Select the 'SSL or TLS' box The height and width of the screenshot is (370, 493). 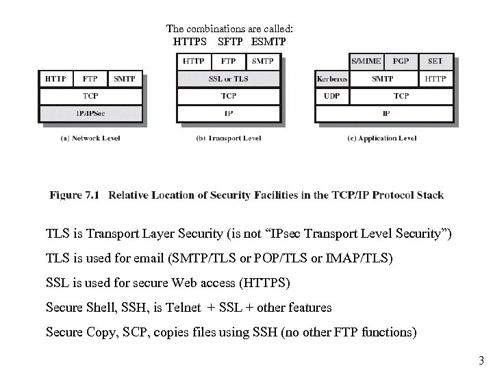pyautogui.click(x=229, y=79)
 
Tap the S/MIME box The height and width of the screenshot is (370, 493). pyautogui.click(x=367, y=61)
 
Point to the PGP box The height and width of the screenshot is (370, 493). pyautogui.click(x=401, y=61)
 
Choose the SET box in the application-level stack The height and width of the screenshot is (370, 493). pyautogui.click(x=435, y=61)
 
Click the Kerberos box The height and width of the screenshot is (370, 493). pyautogui.click(x=332, y=79)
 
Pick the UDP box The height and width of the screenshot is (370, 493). pyautogui.click(x=332, y=96)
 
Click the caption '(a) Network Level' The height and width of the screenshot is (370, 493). pyautogui.click(x=90, y=138)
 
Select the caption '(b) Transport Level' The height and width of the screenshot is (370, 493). pyautogui.click(x=229, y=138)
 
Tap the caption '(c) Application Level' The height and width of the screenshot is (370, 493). pyautogui.click(x=383, y=138)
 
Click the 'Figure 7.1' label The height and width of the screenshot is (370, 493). pyautogui.click(x=75, y=195)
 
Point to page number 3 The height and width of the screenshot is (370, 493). pyautogui.click(x=481, y=360)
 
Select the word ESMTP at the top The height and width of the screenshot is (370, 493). pyautogui.click(x=268, y=42)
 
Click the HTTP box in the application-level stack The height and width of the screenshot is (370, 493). pyautogui.click(x=435, y=79)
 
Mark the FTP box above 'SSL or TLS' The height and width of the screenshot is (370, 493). pyautogui.click(x=229, y=61)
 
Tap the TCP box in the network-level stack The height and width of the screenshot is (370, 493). pyautogui.click(x=90, y=96)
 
